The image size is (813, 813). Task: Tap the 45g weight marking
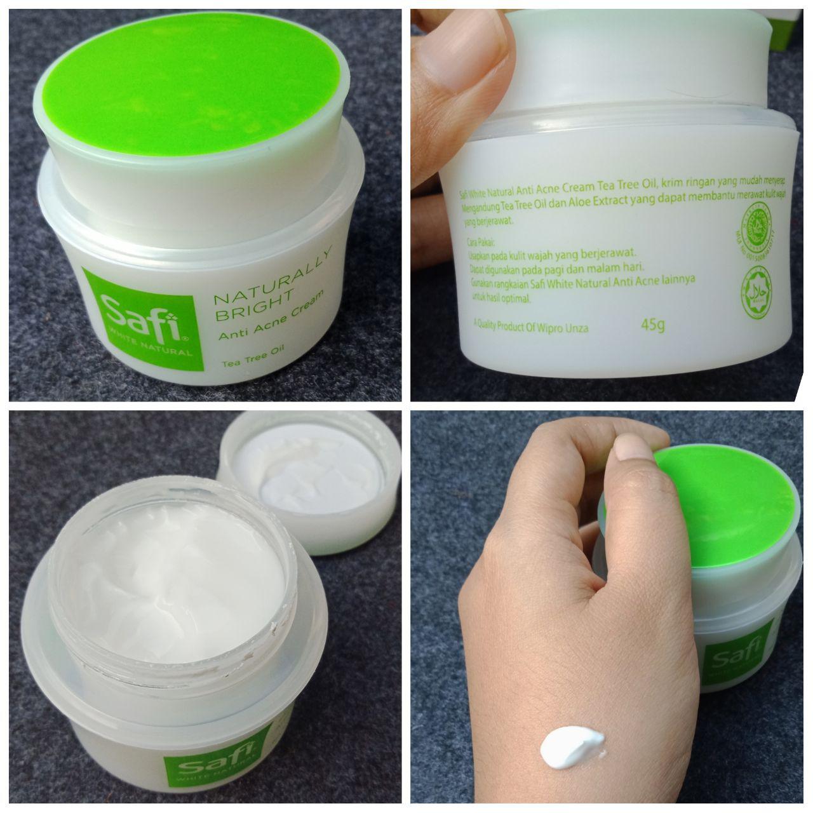[653, 326]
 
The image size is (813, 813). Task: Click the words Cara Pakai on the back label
[486, 241]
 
